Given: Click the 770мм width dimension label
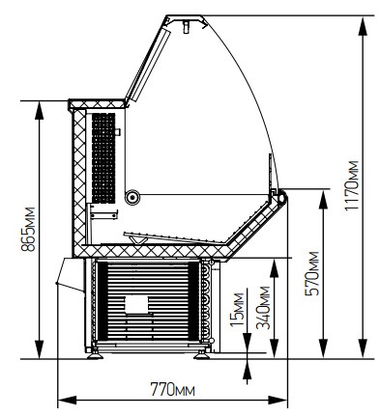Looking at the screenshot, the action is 173,389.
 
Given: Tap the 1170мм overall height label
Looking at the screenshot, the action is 351,185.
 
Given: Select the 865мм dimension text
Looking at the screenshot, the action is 28,229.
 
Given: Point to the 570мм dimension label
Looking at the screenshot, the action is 311,273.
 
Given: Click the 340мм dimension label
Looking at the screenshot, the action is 263,308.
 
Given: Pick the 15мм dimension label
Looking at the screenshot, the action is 238,309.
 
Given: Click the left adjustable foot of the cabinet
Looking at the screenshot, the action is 95,355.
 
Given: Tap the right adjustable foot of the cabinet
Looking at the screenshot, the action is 202,355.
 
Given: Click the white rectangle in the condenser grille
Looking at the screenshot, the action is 136,304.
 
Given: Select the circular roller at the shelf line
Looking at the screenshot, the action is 132,197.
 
